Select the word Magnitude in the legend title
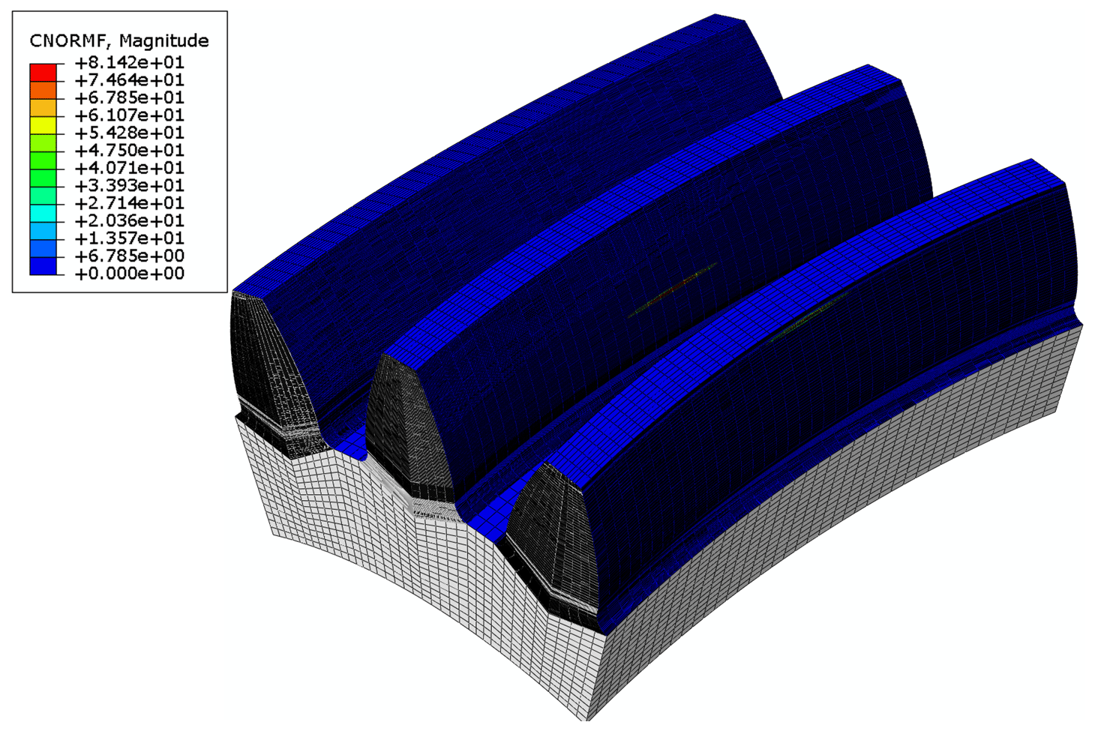click(163, 40)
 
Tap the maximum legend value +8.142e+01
click(129, 62)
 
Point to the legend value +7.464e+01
click(129, 80)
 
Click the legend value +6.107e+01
click(129, 115)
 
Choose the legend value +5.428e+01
click(129, 133)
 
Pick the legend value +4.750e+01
click(129, 151)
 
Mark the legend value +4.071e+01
click(129, 168)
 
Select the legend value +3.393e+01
click(129, 186)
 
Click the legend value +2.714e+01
click(129, 203)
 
